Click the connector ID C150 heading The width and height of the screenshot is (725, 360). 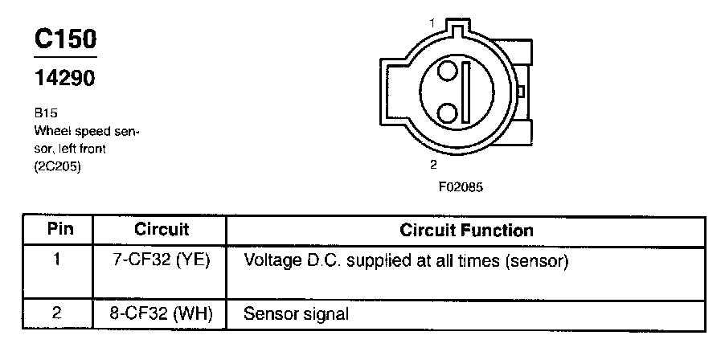click(64, 41)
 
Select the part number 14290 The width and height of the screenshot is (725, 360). click(65, 79)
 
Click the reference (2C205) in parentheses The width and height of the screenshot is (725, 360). click(58, 167)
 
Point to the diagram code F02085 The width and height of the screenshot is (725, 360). click(461, 186)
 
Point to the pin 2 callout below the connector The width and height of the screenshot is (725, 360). click(433, 165)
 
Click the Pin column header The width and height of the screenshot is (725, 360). click(59, 230)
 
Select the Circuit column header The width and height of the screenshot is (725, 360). click(162, 230)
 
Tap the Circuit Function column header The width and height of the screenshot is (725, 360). click(466, 231)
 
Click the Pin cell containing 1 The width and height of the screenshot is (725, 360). click(58, 260)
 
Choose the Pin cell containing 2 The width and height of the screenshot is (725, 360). click(58, 313)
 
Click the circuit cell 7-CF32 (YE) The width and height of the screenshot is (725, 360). click(162, 261)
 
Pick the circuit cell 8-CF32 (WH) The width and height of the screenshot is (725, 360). click(162, 313)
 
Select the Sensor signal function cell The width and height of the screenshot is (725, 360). click(296, 313)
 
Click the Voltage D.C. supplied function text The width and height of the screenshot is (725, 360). click(406, 261)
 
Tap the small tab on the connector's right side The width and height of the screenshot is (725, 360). click(521, 91)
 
